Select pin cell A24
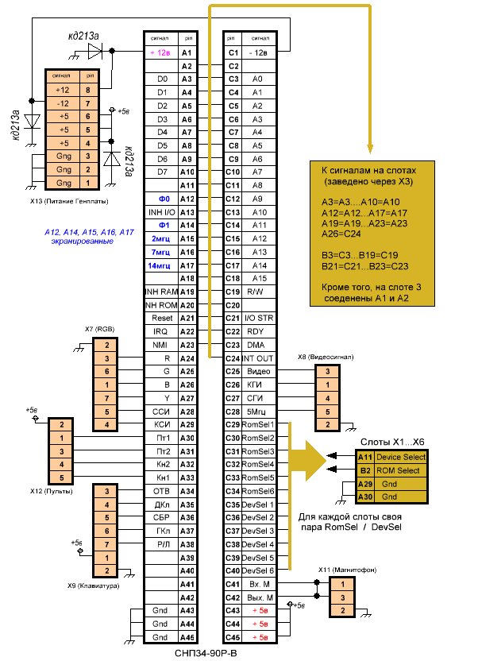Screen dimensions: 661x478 pyautogui.click(x=187, y=358)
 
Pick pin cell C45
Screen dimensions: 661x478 pyautogui.click(x=233, y=637)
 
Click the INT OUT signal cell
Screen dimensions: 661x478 pyautogui.click(x=258, y=358)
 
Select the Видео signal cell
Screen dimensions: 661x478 pyautogui.click(x=258, y=371)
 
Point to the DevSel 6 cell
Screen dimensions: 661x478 pyautogui.click(x=258, y=570)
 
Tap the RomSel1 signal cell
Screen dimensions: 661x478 pyautogui.click(x=258, y=424)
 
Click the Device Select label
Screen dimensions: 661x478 pyautogui.click(x=401, y=457)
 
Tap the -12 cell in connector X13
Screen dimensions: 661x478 pyautogui.click(x=64, y=103)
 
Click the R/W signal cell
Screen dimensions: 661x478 pyautogui.click(x=258, y=292)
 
